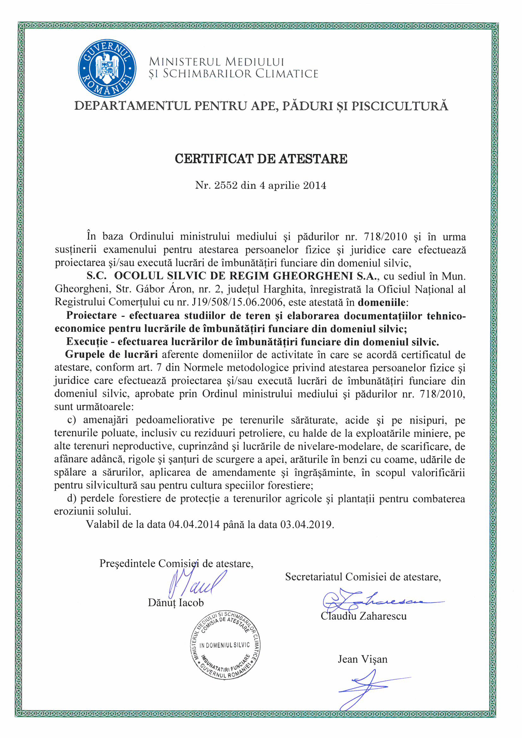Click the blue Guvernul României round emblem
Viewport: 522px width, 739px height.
tap(107, 68)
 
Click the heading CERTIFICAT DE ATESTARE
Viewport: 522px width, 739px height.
tap(261, 159)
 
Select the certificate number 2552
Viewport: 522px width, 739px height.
tap(226, 186)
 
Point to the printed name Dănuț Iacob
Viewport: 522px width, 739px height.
tap(176, 602)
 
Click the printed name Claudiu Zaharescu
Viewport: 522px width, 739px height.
tap(363, 616)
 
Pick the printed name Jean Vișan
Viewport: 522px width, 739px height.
tap(363, 659)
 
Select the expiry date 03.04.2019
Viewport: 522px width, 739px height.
tap(307, 524)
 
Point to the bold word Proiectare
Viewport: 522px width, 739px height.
tap(91, 315)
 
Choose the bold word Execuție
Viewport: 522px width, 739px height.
tap(87, 341)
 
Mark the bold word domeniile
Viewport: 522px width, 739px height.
tap(381, 302)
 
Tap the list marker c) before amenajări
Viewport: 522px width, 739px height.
tap(71, 420)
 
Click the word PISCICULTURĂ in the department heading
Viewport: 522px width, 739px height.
tap(399, 106)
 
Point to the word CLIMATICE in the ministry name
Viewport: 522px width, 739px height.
tap(286, 74)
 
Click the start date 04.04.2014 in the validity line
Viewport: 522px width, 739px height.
tap(194, 524)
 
